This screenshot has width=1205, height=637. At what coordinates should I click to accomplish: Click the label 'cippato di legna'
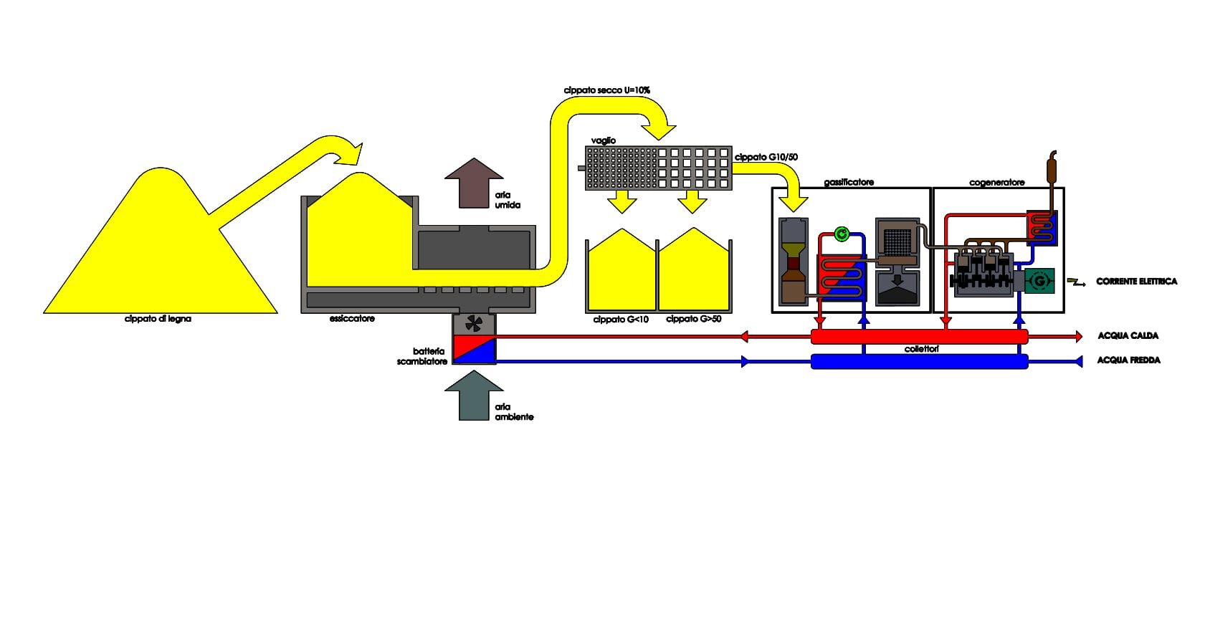[158, 319]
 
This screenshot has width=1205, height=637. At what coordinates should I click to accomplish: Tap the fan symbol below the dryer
[474, 324]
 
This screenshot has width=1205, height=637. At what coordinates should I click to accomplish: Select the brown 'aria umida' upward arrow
[474, 183]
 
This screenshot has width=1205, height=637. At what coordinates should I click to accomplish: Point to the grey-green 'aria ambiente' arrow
[474, 395]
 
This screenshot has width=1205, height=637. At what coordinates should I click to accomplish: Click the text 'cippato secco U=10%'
[607, 90]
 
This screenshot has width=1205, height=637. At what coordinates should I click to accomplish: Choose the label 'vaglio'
[604, 141]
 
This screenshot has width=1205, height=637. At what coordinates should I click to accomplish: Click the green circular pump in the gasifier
[842, 234]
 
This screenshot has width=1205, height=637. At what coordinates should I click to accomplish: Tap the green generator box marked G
[1039, 281]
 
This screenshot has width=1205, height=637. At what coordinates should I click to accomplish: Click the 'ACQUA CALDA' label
[1128, 336]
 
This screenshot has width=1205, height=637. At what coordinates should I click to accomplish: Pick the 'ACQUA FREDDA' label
[1128, 360]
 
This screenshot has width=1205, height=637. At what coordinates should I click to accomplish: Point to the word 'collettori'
[922, 350]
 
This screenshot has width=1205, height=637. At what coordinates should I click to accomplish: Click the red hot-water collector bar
[920, 337]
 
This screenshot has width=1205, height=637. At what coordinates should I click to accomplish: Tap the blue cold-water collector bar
[920, 361]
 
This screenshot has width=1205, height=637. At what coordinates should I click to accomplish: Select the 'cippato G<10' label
[621, 320]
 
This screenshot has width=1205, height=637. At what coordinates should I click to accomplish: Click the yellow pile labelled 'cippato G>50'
[695, 272]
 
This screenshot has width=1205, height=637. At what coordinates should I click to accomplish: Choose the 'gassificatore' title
[849, 182]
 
